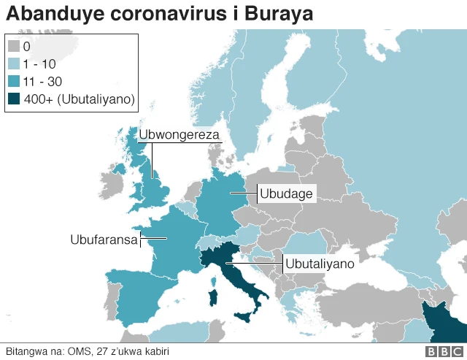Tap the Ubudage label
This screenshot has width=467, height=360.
286,194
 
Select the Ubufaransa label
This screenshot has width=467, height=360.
104,239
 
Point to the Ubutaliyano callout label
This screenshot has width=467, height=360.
319,263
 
